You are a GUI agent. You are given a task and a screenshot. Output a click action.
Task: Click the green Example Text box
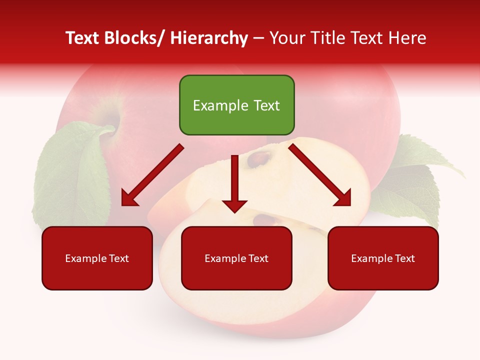[x=236, y=105]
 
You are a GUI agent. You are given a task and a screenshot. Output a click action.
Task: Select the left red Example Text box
[x=97, y=258]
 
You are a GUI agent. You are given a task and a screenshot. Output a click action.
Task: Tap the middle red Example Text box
[x=236, y=258]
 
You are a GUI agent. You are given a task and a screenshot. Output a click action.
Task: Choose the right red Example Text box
[x=383, y=258]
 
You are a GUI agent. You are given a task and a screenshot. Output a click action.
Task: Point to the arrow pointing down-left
[x=151, y=176]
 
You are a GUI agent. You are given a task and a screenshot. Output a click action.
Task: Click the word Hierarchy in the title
[x=209, y=38]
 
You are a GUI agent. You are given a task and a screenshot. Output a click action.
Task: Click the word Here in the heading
[x=409, y=38]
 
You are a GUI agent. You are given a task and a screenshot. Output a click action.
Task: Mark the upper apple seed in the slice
[x=260, y=159]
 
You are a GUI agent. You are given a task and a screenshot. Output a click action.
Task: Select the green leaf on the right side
[x=415, y=180]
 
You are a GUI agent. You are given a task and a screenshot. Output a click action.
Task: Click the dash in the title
[x=258, y=38]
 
